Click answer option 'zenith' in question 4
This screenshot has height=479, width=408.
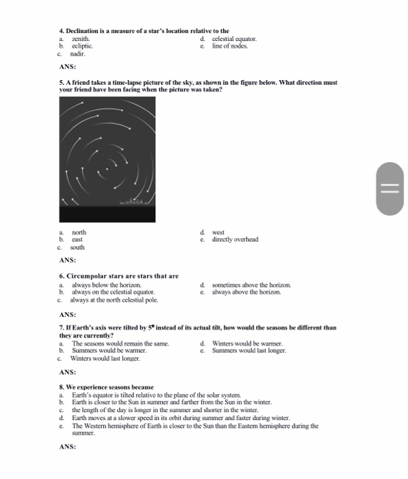(x=81, y=40)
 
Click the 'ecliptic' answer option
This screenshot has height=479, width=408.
(x=82, y=46)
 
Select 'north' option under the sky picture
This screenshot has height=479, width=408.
(x=78, y=233)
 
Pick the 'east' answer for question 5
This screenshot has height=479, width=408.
(x=77, y=239)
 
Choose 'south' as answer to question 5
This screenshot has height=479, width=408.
(x=78, y=247)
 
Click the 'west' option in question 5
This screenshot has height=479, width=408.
(x=218, y=233)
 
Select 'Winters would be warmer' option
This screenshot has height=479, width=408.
(x=247, y=343)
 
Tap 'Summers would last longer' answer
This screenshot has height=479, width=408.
(x=249, y=350)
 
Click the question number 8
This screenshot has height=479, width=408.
(x=62, y=387)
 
